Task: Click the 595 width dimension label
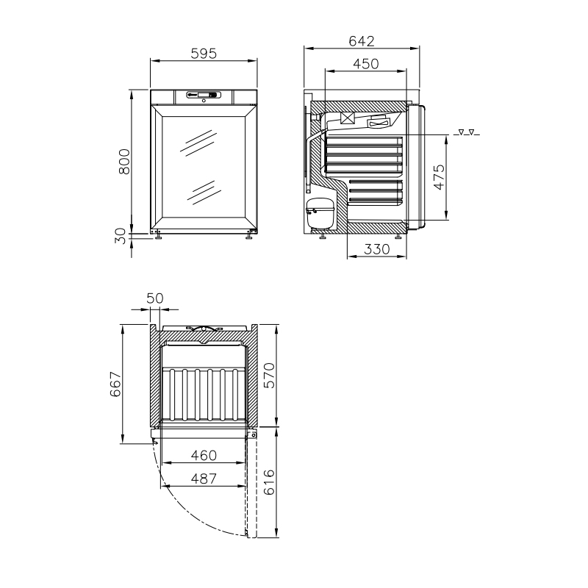(204, 54)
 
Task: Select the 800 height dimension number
(124, 162)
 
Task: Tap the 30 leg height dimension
(121, 236)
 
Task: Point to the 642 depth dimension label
(362, 41)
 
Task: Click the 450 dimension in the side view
(365, 64)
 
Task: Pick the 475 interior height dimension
(439, 176)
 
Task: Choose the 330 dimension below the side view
(377, 249)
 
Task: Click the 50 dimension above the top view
(155, 298)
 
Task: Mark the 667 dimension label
(115, 384)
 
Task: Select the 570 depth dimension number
(269, 376)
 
